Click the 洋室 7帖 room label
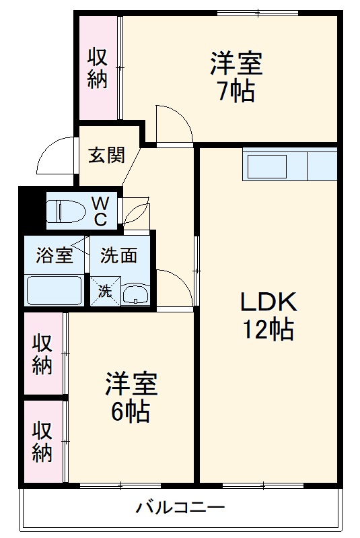pos(235,77)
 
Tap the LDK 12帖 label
pos(268,315)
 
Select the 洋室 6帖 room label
pos(131,397)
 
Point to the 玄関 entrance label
pos(106,155)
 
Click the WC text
pos(100,210)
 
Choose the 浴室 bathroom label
pos(54,256)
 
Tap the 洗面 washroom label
pos(119,256)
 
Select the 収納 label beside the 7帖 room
pos(98,68)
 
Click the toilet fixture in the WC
pos(64,211)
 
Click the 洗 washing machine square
pos(106,292)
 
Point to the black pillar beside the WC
pos(31,209)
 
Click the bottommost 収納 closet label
pos(42,442)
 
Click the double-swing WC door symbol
pos(137,210)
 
